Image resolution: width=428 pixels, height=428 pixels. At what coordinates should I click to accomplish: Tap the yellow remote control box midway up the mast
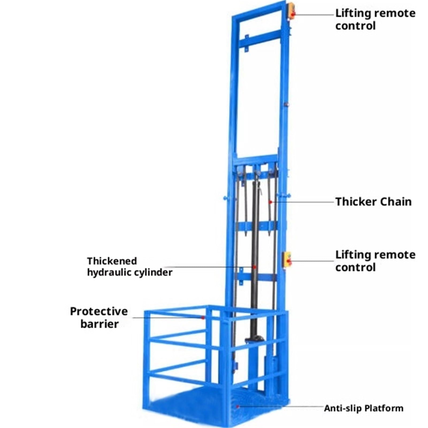pyautogui.click(x=287, y=259)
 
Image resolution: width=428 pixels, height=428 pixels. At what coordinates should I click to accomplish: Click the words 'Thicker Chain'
pyautogui.click(x=373, y=202)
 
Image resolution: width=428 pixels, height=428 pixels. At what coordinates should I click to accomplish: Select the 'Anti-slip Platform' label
pyautogui.click(x=364, y=408)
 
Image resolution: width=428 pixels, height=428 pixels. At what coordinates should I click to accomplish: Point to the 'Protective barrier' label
pyautogui.click(x=99, y=318)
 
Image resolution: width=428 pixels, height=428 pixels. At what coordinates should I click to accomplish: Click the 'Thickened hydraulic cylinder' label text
pyautogui.click(x=130, y=267)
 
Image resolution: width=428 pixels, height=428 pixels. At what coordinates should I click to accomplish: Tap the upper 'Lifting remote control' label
pyautogui.click(x=375, y=20)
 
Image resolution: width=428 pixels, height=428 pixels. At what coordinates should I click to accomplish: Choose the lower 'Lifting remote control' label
pyautogui.click(x=375, y=261)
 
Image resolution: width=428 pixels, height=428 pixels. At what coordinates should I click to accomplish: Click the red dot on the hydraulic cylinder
pyautogui.click(x=254, y=267)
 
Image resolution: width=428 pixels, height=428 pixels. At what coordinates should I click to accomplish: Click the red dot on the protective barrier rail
pyautogui.click(x=203, y=318)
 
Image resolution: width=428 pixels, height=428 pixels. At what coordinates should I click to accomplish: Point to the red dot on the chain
pyautogui.click(x=270, y=202)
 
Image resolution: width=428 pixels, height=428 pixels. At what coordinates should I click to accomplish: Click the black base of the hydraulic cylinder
pyautogui.click(x=254, y=339)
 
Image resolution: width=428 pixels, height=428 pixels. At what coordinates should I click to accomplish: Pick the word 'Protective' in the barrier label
pyautogui.click(x=99, y=311)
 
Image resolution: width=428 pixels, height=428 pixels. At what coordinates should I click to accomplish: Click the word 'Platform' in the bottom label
pyautogui.click(x=384, y=408)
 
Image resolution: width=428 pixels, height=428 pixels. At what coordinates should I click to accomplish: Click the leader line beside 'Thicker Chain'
pyautogui.click(x=303, y=202)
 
